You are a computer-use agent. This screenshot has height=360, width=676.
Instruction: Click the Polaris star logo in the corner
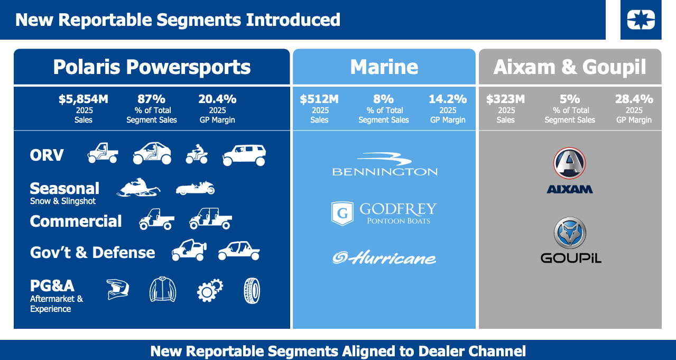(641, 20)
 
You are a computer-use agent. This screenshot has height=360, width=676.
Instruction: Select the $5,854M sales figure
(83, 99)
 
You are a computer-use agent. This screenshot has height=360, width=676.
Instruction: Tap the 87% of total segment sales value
(151, 99)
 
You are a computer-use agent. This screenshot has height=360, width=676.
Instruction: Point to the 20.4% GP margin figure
(217, 99)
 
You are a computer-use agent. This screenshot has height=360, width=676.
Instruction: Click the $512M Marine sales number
(319, 99)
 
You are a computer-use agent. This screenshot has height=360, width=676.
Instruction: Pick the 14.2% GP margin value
(448, 99)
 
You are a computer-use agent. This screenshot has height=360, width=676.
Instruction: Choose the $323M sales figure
(505, 99)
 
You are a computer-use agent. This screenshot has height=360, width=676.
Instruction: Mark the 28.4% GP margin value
(634, 99)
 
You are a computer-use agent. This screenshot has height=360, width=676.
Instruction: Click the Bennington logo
(385, 164)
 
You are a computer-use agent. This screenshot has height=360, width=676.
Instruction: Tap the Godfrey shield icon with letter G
(342, 214)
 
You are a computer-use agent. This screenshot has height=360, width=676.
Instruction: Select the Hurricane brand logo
(384, 257)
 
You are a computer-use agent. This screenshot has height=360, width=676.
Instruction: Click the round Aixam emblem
(570, 163)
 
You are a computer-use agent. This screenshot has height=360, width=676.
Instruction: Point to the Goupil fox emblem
(570, 233)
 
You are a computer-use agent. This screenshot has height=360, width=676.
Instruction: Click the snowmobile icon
(138, 188)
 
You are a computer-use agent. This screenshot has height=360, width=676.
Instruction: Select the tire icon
(252, 290)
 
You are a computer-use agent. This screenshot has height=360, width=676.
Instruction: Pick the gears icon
(209, 290)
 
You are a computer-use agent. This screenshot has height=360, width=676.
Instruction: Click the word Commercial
(76, 221)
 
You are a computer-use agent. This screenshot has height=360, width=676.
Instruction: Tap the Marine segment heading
(384, 67)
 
